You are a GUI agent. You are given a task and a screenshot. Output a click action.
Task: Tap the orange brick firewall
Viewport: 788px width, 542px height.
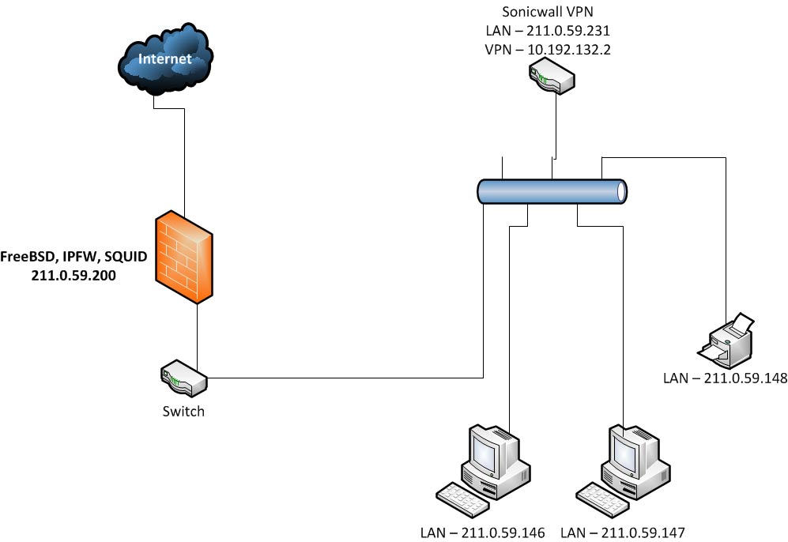click(184, 257)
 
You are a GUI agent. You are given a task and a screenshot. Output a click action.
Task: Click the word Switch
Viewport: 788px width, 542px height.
click(183, 411)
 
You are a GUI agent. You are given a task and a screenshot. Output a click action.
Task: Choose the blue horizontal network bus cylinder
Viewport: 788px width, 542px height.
click(552, 192)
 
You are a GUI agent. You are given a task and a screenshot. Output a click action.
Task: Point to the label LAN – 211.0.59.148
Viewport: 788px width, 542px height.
click(725, 378)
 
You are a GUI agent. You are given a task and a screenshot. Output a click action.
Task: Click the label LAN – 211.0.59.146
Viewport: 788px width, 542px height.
click(483, 533)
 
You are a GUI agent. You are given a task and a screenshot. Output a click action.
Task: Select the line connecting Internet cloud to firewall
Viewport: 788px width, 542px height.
click(184, 158)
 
